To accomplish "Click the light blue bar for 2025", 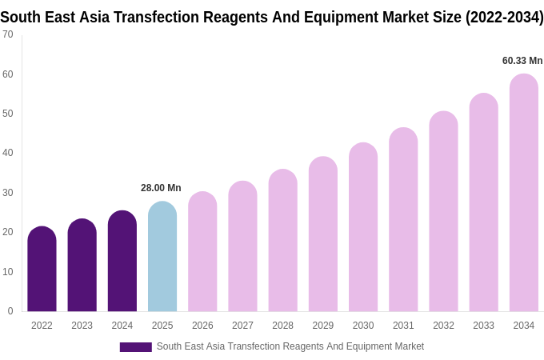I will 162,258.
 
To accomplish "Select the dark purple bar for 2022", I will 42,270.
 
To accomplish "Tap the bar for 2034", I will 523,194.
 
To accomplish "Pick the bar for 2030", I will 363,228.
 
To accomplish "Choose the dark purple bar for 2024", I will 122,262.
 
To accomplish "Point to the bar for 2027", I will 242,247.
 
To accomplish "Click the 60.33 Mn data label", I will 522,61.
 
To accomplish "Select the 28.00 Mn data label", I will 161,188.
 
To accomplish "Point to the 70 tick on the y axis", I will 8,34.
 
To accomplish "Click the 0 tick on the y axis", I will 10,311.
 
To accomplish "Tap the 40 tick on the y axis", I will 8,153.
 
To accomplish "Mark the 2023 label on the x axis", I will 82,326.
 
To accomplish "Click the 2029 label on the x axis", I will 323,326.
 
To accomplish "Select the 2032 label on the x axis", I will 443,326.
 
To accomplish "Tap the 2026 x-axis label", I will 202,326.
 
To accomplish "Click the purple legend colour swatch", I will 135,347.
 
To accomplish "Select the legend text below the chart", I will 290,346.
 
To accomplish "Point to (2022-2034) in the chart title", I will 505,17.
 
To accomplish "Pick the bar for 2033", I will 483,203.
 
